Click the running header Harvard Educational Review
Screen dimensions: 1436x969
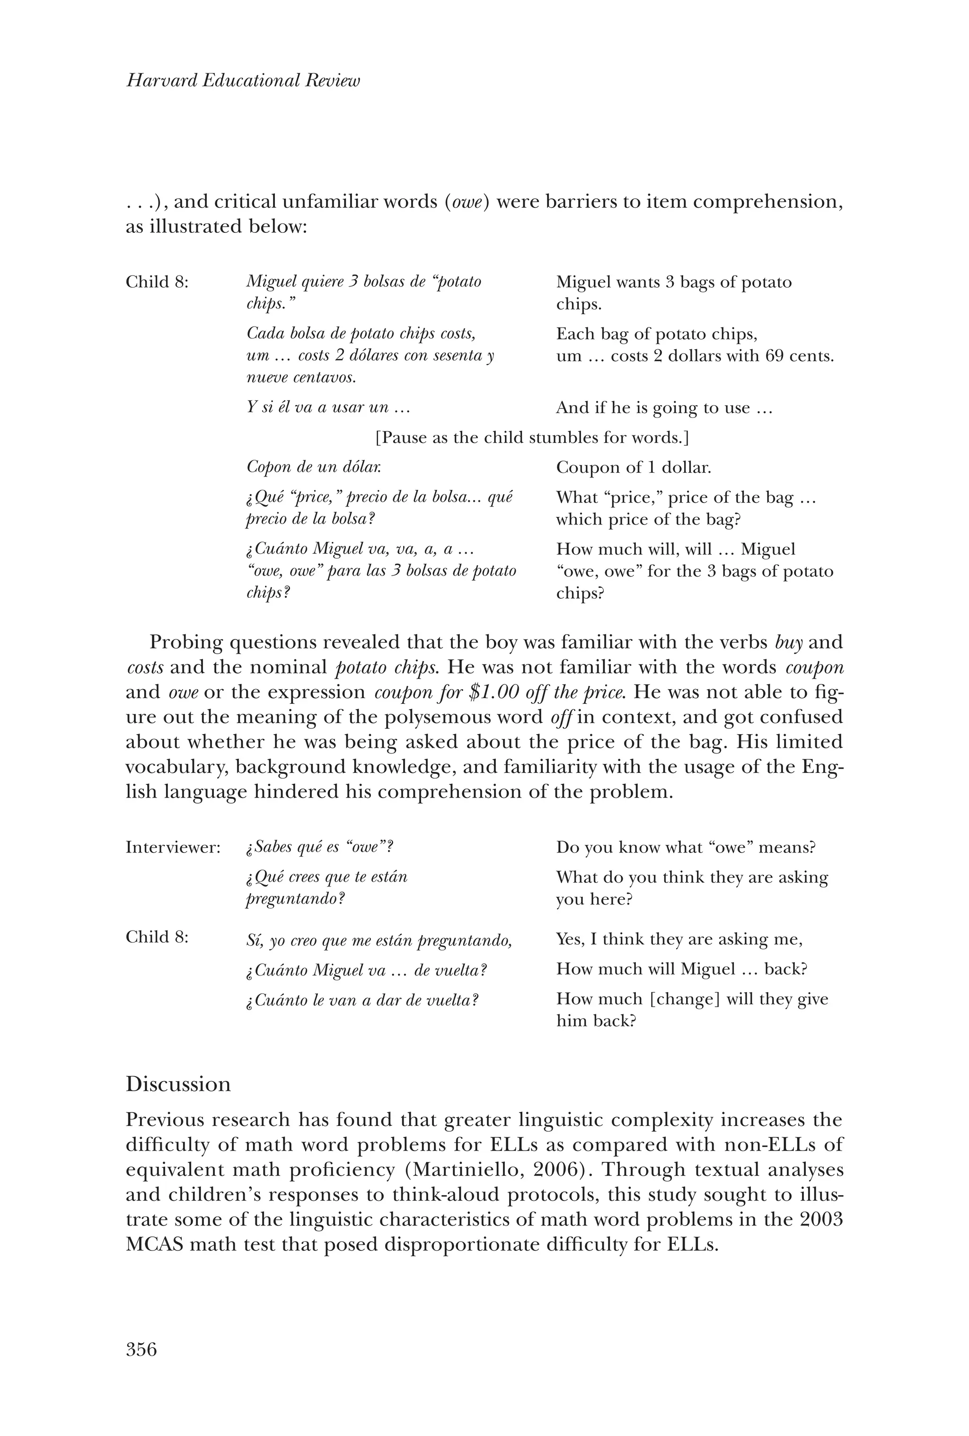coord(243,80)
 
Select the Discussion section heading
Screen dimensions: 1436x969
coord(178,1084)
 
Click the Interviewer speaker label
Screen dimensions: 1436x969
coord(173,847)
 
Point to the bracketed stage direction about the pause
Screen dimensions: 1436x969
coord(532,437)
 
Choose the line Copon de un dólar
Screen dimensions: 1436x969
coord(314,467)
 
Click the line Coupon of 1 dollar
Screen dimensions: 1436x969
coord(633,468)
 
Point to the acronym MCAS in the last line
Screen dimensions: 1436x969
coord(154,1244)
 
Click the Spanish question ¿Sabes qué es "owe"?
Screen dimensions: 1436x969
coord(319,847)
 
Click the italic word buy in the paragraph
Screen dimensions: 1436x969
coord(789,643)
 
